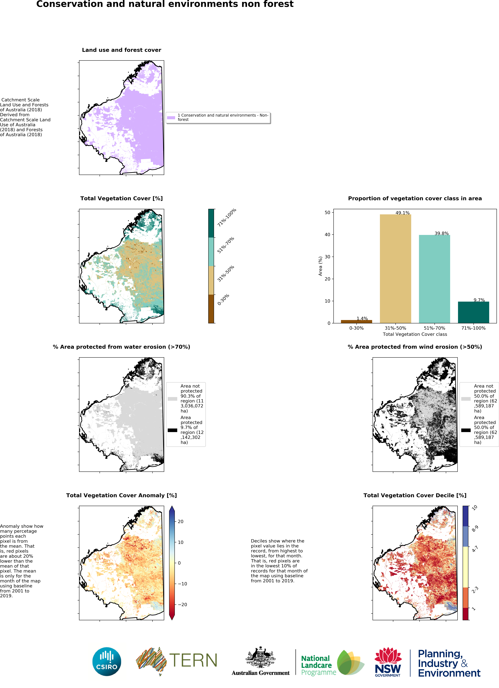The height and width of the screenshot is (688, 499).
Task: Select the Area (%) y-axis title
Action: [x=320, y=266]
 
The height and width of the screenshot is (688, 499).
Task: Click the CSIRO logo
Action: [x=107, y=662]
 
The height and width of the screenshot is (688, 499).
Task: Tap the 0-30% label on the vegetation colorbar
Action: [x=223, y=299]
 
